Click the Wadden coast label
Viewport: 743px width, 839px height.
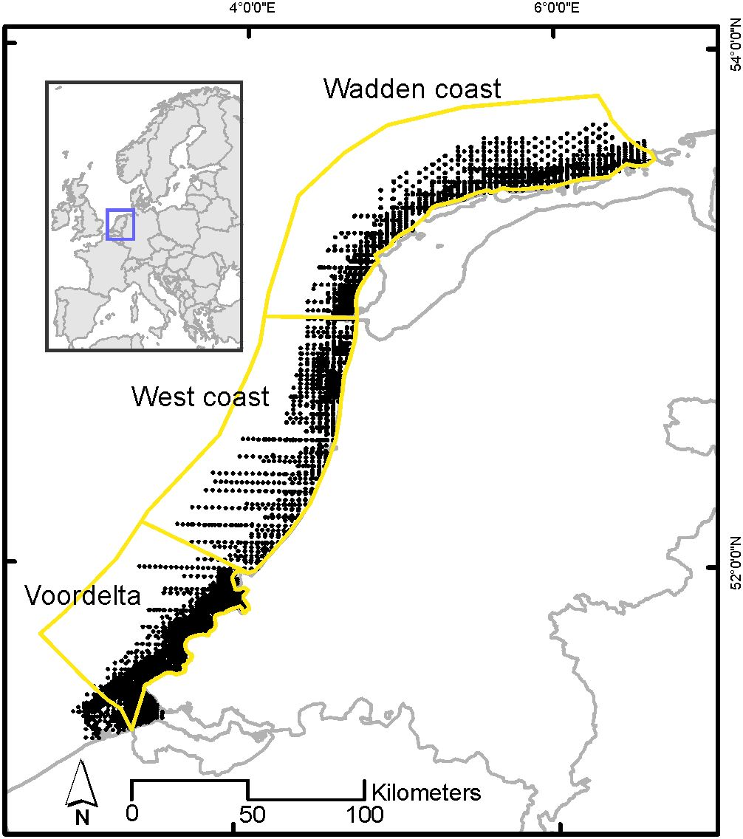click(x=412, y=89)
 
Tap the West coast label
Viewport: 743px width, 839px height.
click(x=200, y=397)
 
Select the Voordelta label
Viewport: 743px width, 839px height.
click(x=82, y=595)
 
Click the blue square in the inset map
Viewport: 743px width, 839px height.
click(x=120, y=224)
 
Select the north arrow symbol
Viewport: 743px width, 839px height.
click(x=81, y=784)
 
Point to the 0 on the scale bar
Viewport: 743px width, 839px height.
click(x=132, y=815)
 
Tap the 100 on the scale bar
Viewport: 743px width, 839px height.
click(x=364, y=815)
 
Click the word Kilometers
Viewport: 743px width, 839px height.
click(x=425, y=792)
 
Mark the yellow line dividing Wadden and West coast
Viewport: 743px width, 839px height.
click(x=310, y=317)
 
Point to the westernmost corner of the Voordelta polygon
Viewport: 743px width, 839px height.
click(x=40, y=633)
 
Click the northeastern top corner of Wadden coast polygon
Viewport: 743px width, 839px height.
click(x=597, y=95)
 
